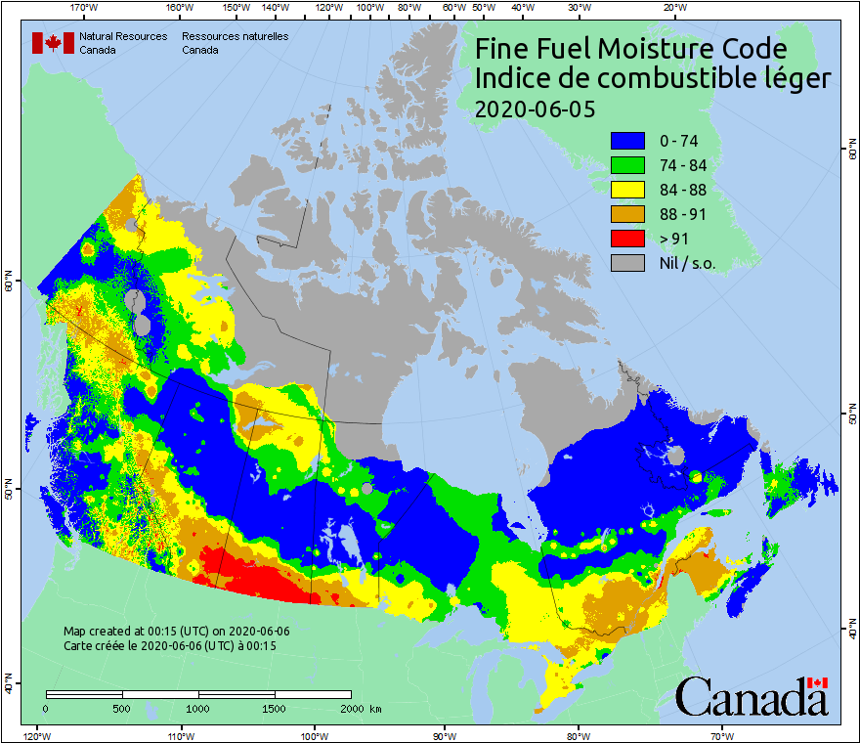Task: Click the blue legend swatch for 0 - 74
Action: pyautogui.click(x=628, y=141)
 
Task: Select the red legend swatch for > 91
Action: pyautogui.click(x=628, y=238)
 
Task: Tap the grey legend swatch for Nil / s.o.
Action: pyautogui.click(x=628, y=262)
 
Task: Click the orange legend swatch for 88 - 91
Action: pyautogui.click(x=628, y=214)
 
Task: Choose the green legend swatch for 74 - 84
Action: pyautogui.click(x=628, y=165)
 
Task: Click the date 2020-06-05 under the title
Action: pyautogui.click(x=534, y=109)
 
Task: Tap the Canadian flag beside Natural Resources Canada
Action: pyautogui.click(x=53, y=43)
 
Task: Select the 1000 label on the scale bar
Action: pyautogui.click(x=198, y=708)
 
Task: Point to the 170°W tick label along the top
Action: pyautogui.click(x=85, y=7)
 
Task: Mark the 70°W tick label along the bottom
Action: pyautogui.click(x=721, y=735)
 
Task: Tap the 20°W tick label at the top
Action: pyautogui.click(x=672, y=7)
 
